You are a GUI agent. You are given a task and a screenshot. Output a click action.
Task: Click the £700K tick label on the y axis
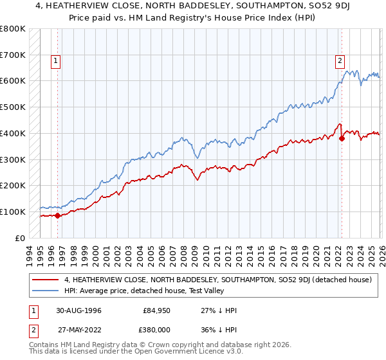[x=13, y=55]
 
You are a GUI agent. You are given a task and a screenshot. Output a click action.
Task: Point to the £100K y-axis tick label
[x=13, y=212]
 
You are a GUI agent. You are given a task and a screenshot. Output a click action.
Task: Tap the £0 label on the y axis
[x=21, y=238]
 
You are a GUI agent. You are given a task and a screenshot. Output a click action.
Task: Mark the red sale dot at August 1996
[x=58, y=215]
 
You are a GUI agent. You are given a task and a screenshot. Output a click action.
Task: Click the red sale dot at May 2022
[x=342, y=138]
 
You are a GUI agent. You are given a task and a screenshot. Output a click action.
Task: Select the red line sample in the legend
[x=46, y=280]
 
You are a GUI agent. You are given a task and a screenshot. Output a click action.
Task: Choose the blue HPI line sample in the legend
[x=46, y=291]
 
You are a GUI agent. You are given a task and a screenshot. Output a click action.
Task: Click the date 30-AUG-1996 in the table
[x=78, y=310]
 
